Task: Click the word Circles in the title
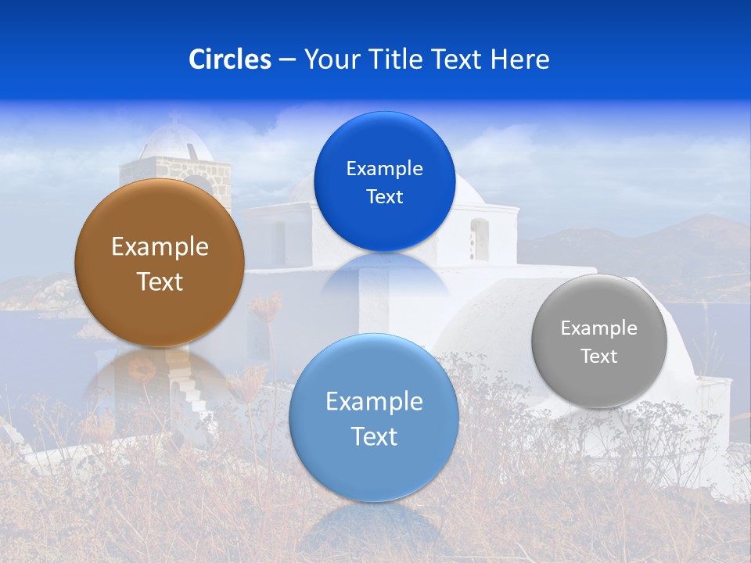click(229, 59)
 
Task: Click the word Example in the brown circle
click(160, 247)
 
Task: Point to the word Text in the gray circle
click(599, 357)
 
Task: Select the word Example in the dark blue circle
click(384, 169)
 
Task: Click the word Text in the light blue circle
click(374, 436)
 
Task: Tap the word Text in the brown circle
click(160, 281)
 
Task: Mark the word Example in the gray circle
click(599, 328)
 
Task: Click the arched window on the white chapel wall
click(479, 238)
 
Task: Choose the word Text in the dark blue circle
click(384, 197)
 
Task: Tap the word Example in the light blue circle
click(374, 402)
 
